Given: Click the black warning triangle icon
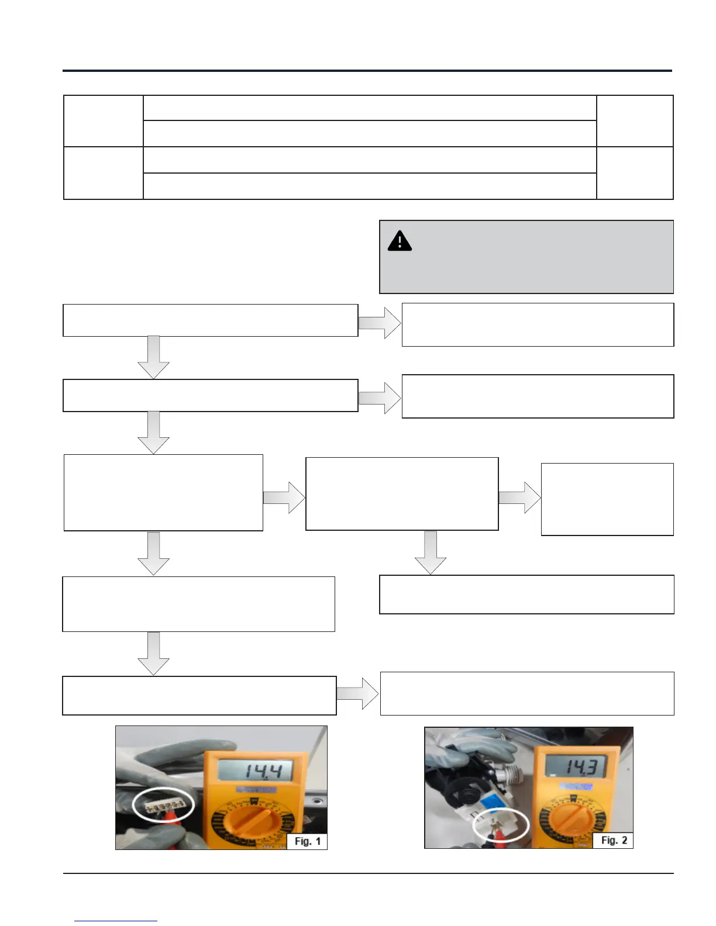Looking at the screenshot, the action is click(x=400, y=241).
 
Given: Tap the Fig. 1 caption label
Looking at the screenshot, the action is click(x=307, y=841).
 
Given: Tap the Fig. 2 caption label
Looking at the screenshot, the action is click(x=614, y=840).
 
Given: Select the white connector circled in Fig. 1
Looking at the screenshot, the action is click(x=163, y=807).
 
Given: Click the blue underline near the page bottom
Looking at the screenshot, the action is click(x=116, y=921).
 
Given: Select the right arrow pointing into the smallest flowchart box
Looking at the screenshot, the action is click(x=519, y=497).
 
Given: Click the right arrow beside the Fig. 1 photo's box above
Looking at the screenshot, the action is click(x=358, y=694).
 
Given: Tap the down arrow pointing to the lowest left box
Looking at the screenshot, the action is click(x=153, y=654).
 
